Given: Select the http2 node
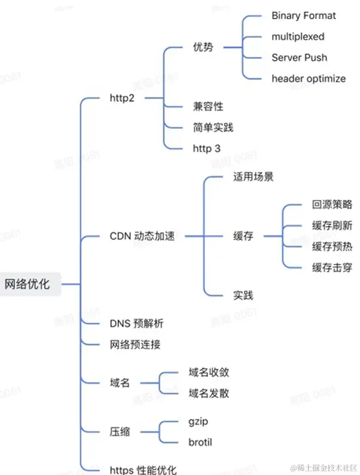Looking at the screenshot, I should [x=123, y=98].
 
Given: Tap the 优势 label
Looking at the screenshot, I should [x=203, y=47].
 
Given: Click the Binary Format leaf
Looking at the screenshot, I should [x=304, y=16].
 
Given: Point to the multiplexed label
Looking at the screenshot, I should [x=298, y=36].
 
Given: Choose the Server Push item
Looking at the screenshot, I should [x=299, y=57].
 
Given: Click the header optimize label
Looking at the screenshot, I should [x=309, y=78].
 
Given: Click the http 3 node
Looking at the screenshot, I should [x=203, y=148].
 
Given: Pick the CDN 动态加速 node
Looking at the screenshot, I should [x=142, y=236].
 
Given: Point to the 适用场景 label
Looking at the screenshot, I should [x=253, y=178].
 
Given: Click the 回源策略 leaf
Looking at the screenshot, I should [x=332, y=205].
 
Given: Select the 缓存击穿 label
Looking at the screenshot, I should [x=332, y=267].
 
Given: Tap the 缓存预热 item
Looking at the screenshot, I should [x=332, y=246].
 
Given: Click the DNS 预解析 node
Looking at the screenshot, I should [x=136, y=324].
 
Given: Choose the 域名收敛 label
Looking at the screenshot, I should [x=208, y=372].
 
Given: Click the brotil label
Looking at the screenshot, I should [x=200, y=443].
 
